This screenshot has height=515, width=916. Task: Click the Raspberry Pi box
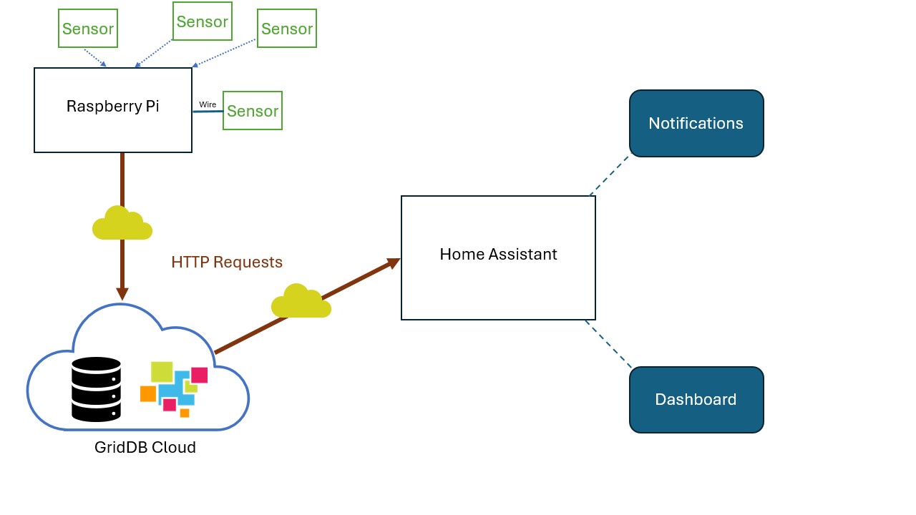[113, 110]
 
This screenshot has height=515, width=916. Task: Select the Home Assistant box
[498, 257]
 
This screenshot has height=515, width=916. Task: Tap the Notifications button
[696, 123]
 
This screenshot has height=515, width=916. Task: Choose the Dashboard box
[696, 400]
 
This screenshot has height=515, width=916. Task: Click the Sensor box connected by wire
[253, 111]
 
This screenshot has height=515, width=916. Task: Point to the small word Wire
[208, 104]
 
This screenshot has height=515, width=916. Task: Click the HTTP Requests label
[227, 263]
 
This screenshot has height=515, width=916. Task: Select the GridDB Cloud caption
[145, 448]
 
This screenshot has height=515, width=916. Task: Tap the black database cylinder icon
[96, 389]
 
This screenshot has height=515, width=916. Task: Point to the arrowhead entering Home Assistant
[393, 263]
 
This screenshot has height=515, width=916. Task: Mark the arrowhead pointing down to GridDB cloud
[122, 293]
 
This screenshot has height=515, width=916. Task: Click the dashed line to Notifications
[610, 175]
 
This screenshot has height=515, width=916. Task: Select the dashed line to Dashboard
[608, 344]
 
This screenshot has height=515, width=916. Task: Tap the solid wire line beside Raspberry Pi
[208, 112]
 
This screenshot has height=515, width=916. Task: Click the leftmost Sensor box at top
[88, 29]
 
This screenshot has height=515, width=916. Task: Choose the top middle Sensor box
[203, 21]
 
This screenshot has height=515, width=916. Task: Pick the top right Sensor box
[287, 29]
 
